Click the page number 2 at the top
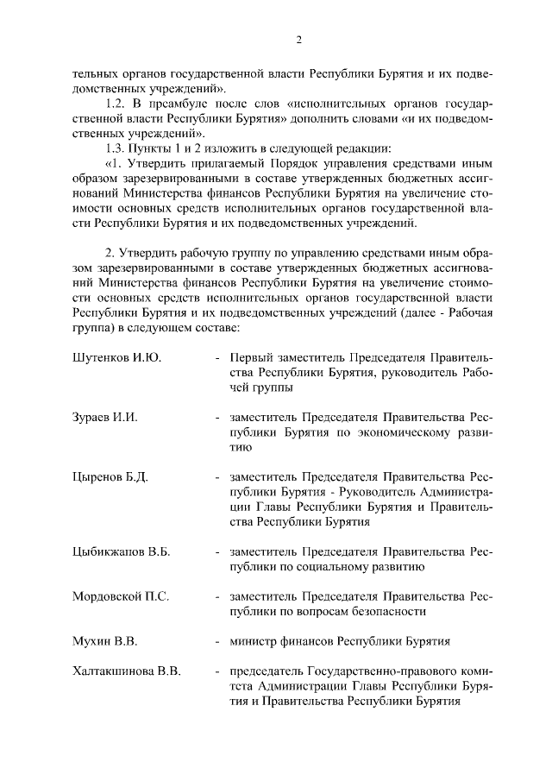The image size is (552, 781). coord(298,40)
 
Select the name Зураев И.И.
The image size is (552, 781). coord(105,418)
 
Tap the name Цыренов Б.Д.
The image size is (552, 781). coord(111,477)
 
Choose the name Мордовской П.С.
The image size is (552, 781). coord(121,596)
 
